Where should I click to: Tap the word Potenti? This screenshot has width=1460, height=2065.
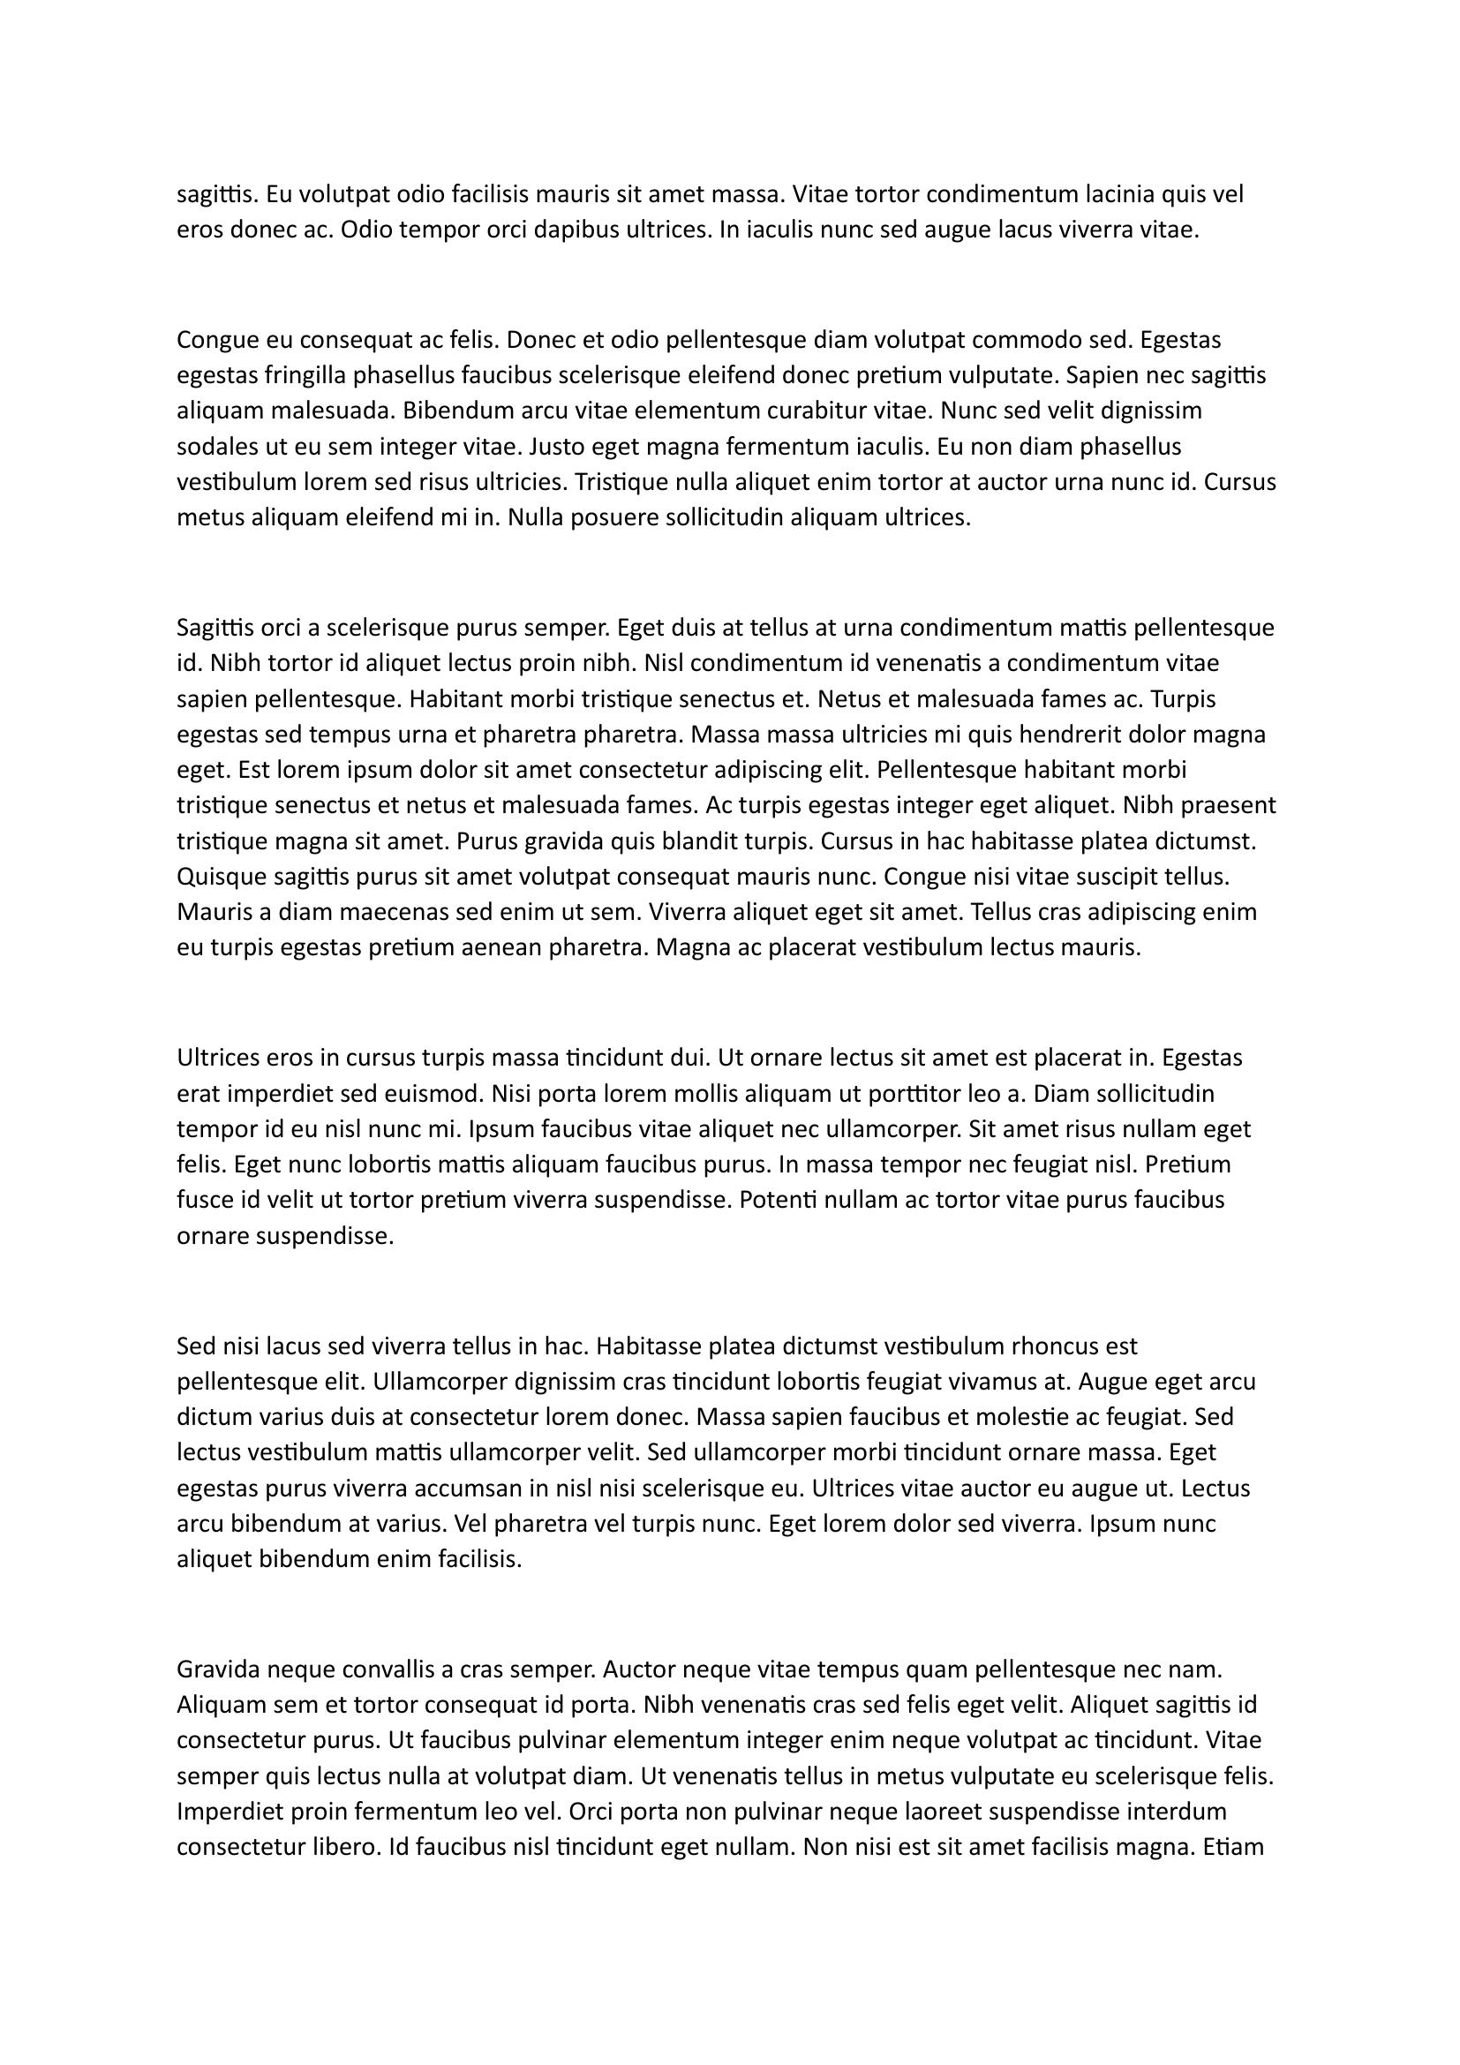(779, 1201)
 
